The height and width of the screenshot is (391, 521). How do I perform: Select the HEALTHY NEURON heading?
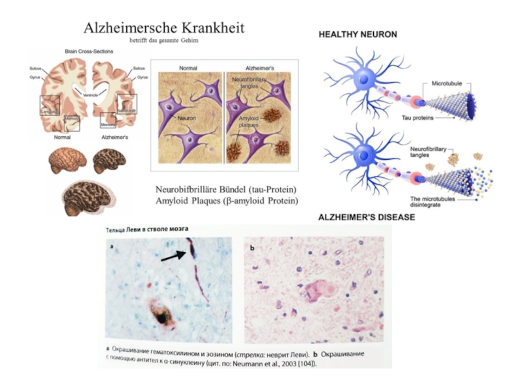(358, 34)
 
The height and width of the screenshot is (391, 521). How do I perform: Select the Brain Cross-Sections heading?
(89, 51)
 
